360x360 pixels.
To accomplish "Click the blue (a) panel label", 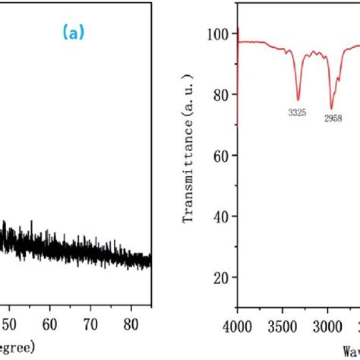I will point(74,33).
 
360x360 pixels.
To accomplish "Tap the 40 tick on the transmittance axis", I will point(221,217).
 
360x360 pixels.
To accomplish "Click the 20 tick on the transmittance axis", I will point(221,278).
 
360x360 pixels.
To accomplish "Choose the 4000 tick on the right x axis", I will point(238,326).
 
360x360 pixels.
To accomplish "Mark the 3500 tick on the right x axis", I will point(283,326).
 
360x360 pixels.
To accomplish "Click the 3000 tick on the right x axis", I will point(328,326).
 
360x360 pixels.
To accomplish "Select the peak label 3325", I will point(298,112).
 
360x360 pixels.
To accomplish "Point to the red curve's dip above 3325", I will point(298,99).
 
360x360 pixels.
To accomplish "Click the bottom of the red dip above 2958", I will point(331,108).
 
